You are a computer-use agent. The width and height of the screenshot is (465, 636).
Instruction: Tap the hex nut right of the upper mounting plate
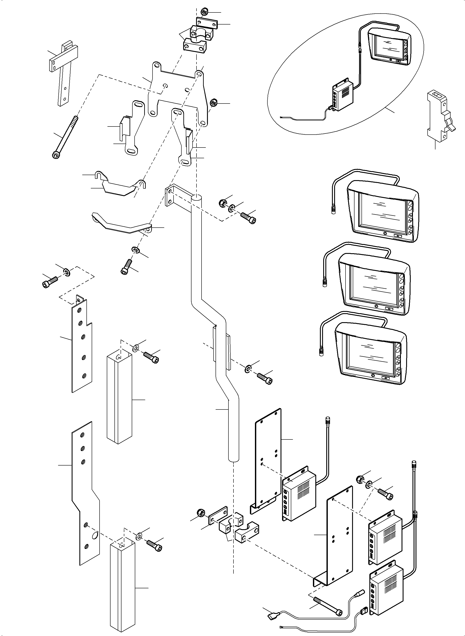(213, 102)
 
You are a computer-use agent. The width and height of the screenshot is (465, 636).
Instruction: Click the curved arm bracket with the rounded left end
(121, 225)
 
